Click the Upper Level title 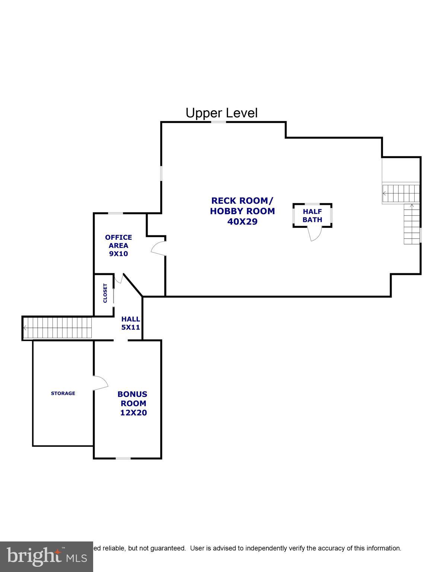tap(221, 113)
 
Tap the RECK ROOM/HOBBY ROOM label tap(242, 206)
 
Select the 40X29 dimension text tap(242, 222)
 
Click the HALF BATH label tap(312, 216)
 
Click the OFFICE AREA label tap(118, 241)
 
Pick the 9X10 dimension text tap(118, 254)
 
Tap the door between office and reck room tap(159, 248)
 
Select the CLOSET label tap(105, 293)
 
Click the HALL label tap(131, 319)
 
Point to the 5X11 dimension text tap(130, 327)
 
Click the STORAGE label tap(63, 393)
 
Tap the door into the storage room tap(100, 383)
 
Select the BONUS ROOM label tap(133, 398)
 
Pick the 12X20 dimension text tap(133, 413)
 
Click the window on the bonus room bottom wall tap(123, 458)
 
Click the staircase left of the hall tap(58, 328)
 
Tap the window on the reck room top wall tap(219, 122)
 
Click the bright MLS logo tap(47, 556)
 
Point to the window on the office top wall tap(116, 213)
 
